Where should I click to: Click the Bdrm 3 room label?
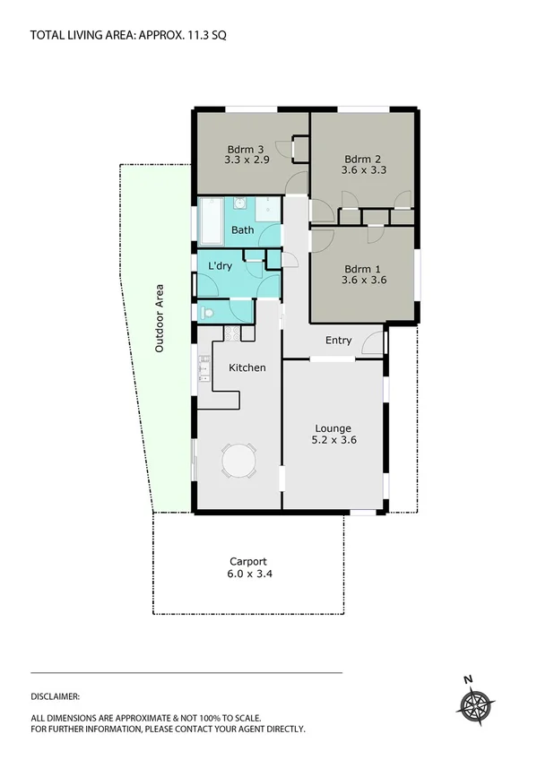coord(245,150)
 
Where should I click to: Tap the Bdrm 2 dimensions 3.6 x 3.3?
coord(365,169)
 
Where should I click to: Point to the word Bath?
coord(242,230)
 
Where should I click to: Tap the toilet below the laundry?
coord(207,313)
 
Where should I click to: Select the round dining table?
coord(239,463)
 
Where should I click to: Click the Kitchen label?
coord(247,367)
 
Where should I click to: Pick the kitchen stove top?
coord(232,333)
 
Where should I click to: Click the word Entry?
coord(338,340)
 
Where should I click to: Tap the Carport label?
coord(247,561)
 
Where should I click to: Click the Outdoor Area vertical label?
coord(160,317)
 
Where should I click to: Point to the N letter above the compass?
coord(467,679)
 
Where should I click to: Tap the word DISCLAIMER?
coord(56,695)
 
